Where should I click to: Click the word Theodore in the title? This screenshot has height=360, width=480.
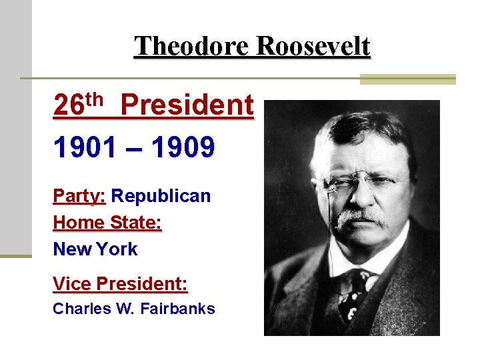(x=192, y=47)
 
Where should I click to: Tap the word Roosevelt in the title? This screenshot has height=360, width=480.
(x=313, y=47)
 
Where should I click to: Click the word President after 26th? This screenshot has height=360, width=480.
(x=187, y=105)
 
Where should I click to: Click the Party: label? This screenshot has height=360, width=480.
(x=79, y=197)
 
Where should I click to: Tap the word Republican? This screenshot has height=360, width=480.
(x=161, y=196)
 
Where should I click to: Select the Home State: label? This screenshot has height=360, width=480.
(x=107, y=223)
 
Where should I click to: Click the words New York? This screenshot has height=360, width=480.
(x=95, y=249)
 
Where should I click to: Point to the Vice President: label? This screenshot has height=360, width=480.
(x=120, y=284)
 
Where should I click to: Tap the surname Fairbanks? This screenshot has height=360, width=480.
(x=178, y=309)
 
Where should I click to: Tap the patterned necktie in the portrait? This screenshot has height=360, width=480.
(x=352, y=293)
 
